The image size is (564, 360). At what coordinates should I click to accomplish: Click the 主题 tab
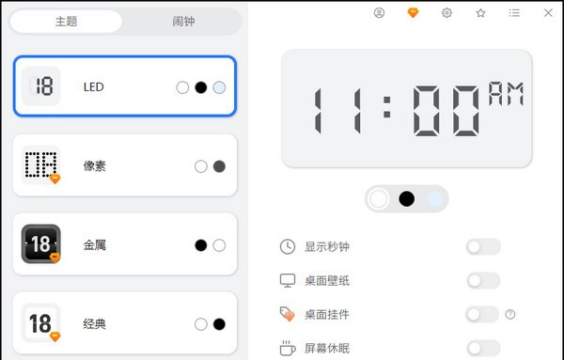click(x=67, y=21)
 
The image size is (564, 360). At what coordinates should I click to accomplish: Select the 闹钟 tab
click(x=183, y=21)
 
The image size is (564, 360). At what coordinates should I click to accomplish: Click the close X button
click(x=548, y=13)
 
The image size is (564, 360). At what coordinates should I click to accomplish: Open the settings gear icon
click(x=446, y=13)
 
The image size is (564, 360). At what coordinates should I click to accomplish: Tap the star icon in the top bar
click(x=480, y=13)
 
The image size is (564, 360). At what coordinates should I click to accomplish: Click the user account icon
click(x=379, y=13)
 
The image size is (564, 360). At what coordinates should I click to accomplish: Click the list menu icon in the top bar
click(x=514, y=13)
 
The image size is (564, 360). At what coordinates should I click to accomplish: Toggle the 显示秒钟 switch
click(x=482, y=247)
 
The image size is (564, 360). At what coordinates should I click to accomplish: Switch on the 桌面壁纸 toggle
click(x=482, y=280)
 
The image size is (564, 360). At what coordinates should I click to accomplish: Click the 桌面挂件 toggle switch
click(x=482, y=314)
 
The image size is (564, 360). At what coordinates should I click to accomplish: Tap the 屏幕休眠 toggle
click(x=482, y=348)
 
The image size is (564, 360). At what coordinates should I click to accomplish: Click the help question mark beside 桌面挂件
click(x=510, y=314)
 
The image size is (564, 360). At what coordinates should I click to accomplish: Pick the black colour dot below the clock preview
click(x=406, y=198)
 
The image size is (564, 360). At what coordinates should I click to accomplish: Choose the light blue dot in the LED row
click(x=219, y=87)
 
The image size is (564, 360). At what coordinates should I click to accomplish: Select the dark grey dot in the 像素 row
click(x=219, y=166)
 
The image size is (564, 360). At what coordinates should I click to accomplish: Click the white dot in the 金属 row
click(x=219, y=245)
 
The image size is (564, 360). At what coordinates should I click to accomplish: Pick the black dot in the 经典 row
click(x=219, y=324)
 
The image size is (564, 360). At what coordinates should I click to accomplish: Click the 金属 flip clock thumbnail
click(x=41, y=244)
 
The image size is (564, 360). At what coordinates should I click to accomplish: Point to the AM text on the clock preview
click(x=505, y=93)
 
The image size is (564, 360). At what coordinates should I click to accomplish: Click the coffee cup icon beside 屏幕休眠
click(x=288, y=348)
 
